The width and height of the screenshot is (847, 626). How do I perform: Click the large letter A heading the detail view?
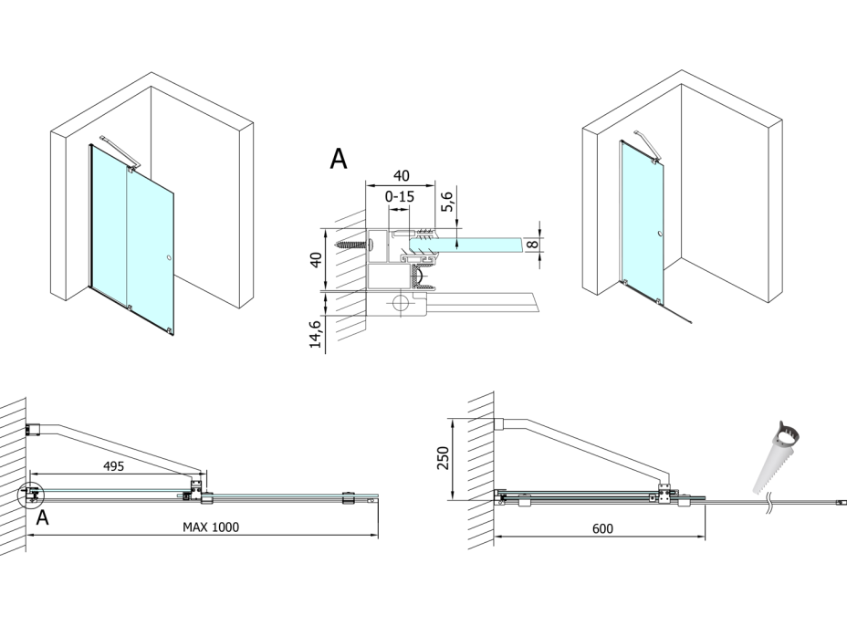click(338, 159)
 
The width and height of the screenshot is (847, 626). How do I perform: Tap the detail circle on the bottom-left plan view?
click(30, 495)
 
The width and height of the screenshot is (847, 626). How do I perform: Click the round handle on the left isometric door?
click(168, 259)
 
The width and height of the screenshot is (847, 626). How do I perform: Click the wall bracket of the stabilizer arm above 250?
click(501, 423)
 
